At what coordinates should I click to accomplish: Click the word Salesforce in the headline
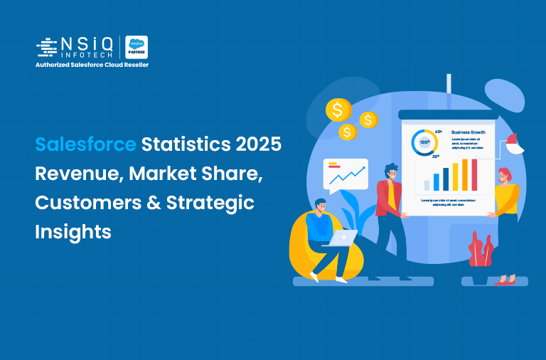tap(85, 144)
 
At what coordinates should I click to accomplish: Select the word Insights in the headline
tap(73, 231)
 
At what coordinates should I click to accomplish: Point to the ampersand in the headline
tap(148, 203)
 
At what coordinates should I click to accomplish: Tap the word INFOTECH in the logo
tap(81, 53)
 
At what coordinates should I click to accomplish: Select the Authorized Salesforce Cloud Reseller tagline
tap(92, 65)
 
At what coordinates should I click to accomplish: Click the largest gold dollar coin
tap(337, 110)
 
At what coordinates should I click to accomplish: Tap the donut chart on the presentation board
tap(426, 142)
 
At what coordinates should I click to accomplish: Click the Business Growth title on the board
tap(469, 132)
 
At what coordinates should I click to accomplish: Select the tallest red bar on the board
tap(474, 175)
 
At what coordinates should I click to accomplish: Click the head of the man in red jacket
tap(392, 172)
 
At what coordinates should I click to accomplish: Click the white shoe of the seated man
tap(342, 280)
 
